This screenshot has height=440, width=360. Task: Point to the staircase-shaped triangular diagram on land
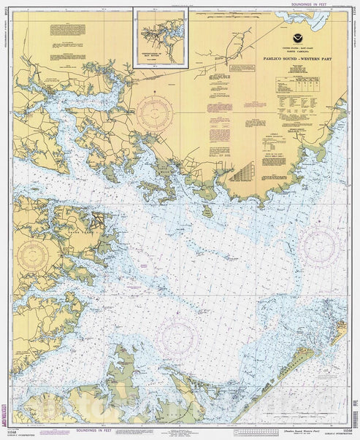tap(242, 171)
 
